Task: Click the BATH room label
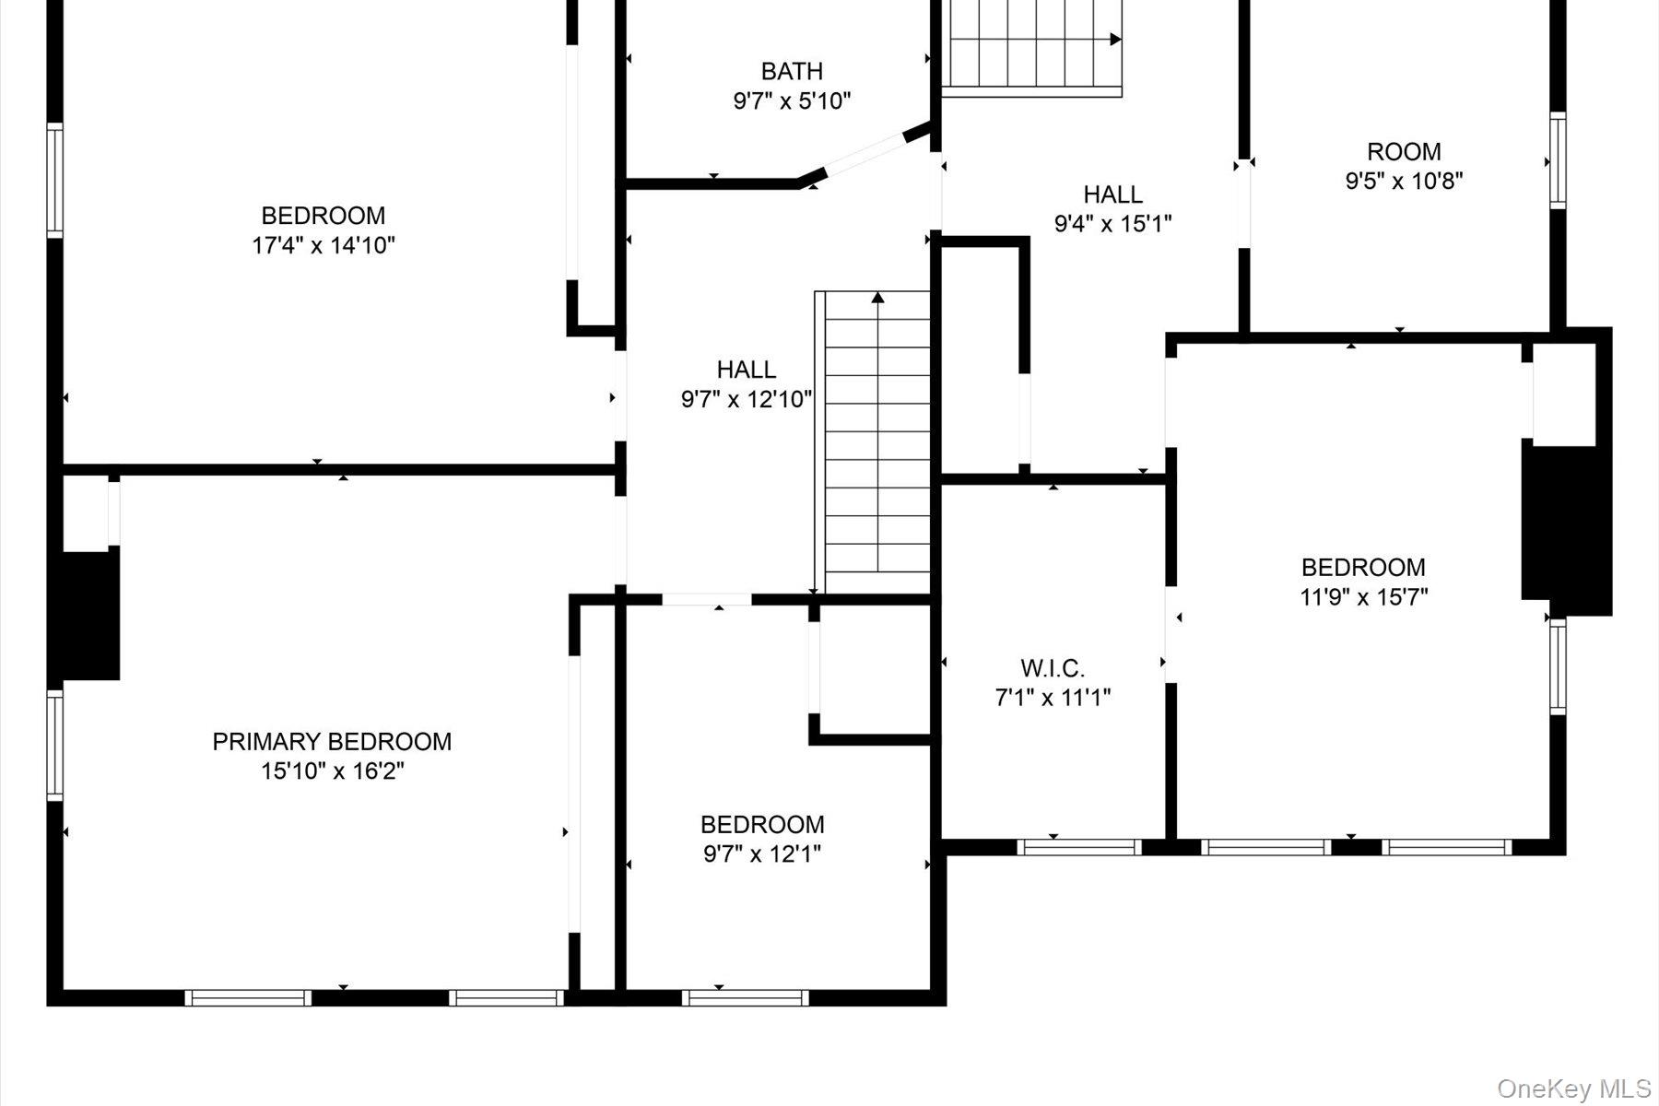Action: (792, 71)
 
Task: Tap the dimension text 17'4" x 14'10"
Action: (324, 245)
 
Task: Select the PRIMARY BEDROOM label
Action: (332, 742)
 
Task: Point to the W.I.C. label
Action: (1053, 668)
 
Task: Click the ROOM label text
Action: (1404, 151)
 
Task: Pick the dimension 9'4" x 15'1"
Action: (1113, 223)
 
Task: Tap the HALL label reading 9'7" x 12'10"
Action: (747, 370)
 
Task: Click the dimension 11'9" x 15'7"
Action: (1363, 596)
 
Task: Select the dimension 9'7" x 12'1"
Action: (762, 853)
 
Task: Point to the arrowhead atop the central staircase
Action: (877, 298)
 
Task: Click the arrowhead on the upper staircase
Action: (1115, 40)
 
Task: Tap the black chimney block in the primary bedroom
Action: (86, 616)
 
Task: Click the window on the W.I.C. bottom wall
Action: (1079, 847)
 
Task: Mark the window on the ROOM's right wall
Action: (1558, 160)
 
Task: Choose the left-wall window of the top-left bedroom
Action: (55, 181)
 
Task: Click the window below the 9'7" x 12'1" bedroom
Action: (745, 997)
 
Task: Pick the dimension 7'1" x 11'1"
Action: (1053, 698)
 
